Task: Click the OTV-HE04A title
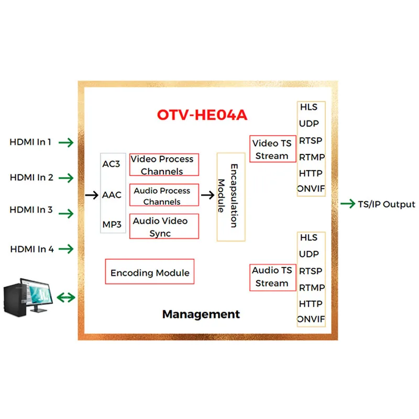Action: click(202, 115)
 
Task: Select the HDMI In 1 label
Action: click(30, 142)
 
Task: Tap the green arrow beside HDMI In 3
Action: click(66, 214)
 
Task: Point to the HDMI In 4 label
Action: click(32, 249)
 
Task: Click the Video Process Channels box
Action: click(164, 165)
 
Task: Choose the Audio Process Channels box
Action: click(164, 196)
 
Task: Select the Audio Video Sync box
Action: click(164, 227)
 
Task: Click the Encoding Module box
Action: click(150, 272)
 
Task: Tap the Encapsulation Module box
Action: click(230, 196)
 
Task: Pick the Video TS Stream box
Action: click(272, 149)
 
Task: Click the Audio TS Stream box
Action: click(272, 277)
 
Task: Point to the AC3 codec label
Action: click(111, 164)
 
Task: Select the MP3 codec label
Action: click(112, 225)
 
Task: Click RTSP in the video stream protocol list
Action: click(311, 140)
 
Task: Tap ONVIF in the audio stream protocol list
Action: click(311, 319)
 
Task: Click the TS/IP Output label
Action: click(387, 204)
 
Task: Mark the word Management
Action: click(201, 314)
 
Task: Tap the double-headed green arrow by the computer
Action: click(65, 297)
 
